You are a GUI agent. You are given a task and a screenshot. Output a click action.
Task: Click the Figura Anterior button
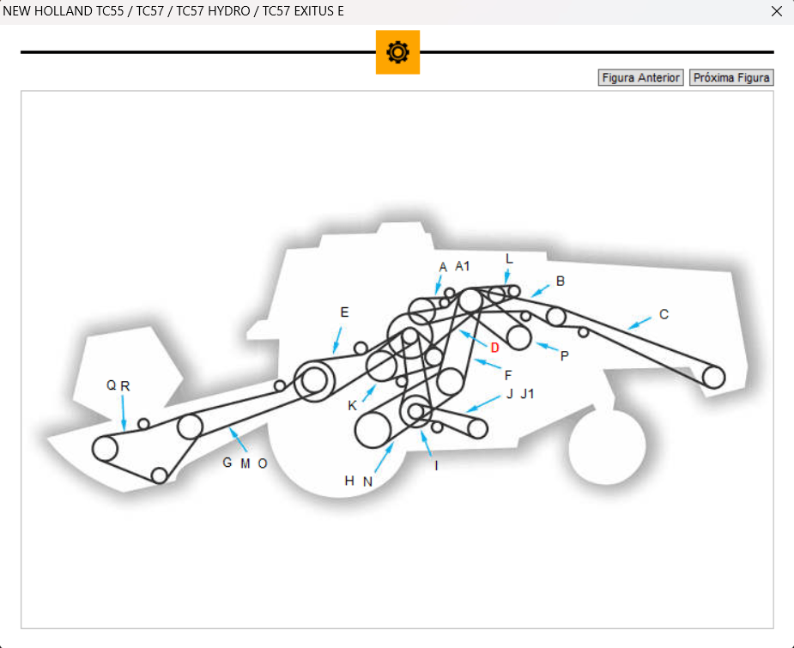click(640, 78)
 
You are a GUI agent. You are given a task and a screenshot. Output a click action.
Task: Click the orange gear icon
click(397, 52)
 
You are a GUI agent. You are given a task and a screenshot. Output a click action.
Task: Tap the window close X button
click(777, 11)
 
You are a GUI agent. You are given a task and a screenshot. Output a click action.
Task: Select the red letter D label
click(494, 348)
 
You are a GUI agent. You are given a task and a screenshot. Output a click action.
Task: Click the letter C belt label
click(664, 314)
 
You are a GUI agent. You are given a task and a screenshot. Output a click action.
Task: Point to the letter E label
click(344, 312)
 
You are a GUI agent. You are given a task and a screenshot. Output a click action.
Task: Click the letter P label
click(564, 355)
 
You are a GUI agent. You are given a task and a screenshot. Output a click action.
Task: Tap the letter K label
click(352, 405)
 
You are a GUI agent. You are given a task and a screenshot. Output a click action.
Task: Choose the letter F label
click(508, 375)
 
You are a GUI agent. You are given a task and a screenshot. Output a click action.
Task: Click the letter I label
click(436, 465)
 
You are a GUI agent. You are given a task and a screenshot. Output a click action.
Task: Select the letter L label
click(509, 258)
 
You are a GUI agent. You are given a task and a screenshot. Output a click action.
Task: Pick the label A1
click(463, 266)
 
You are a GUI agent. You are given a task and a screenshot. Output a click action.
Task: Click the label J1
click(527, 394)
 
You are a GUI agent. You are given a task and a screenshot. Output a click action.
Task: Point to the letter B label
click(561, 281)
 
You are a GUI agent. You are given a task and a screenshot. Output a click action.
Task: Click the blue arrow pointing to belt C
click(639, 324)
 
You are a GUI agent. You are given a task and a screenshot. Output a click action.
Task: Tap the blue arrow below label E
click(337, 340)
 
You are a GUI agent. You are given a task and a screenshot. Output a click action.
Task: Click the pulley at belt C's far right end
click(713, 376)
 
